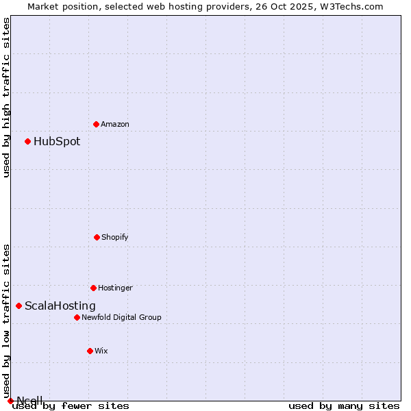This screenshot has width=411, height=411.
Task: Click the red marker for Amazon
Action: click(96, 124)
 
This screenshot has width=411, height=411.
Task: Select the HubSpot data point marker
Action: click(27, 141)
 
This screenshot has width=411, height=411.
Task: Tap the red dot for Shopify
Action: click(97, 237)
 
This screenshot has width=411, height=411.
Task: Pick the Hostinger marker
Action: click(93, 288)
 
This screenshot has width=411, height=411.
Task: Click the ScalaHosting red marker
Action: click(18, 306)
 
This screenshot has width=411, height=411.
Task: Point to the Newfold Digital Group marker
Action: click(77, 317)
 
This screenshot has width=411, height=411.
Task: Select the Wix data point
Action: click(90, 351)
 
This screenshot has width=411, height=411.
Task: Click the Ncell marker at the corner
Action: click(10, 401)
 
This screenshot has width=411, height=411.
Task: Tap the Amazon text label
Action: click(115, 124)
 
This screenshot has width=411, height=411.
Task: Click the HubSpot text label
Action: click(57, 142)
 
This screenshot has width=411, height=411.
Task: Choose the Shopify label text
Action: click(115, 237)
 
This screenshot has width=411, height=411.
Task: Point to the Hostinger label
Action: click(115, 288)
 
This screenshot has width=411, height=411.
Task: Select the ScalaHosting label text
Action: click(60, 306)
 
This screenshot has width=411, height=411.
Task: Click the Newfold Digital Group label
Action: click(122, 317)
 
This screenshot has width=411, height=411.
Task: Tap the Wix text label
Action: click(101, 351)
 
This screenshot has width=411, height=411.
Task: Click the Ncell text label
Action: click(30, 400)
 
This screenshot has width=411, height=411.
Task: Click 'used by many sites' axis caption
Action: click(344, 406)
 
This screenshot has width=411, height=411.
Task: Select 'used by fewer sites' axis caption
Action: click(71, 406)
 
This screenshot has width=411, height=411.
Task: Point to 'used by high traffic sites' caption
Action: click(7, 97)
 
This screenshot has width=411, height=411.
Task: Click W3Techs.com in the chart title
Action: click(349, 6)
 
